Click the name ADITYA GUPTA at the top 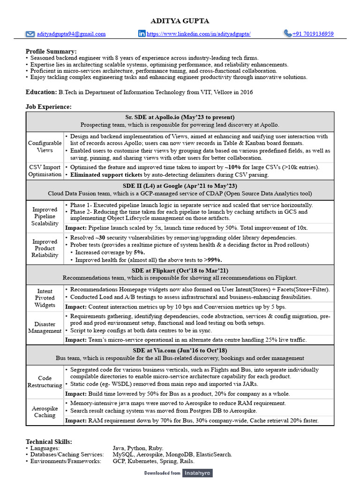click(x=180, y=21)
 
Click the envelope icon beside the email click(x=30, y=34)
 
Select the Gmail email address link click(x=71, y=34)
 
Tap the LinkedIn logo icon click(x=142, y=34)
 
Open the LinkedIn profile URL click(x=199, y=34)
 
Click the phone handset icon click(x=287, y=33)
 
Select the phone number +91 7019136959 click(x=313, y=34)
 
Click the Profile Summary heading click(x=51, y=51)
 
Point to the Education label click(x=41, y=92)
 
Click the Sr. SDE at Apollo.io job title click(x=180, y=117)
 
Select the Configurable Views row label click(x=45, y=147)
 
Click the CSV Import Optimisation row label click(x=45, y=171)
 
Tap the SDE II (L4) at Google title click(x=180, y=186)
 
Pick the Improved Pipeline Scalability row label click(x=45, y=217)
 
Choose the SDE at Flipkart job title click(x=180, y=270)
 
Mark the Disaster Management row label click(x=45, y=327)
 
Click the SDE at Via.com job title click(x=180, y=350)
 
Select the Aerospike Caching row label click(x=45, y=412)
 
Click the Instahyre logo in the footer click(x=197, y=473)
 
